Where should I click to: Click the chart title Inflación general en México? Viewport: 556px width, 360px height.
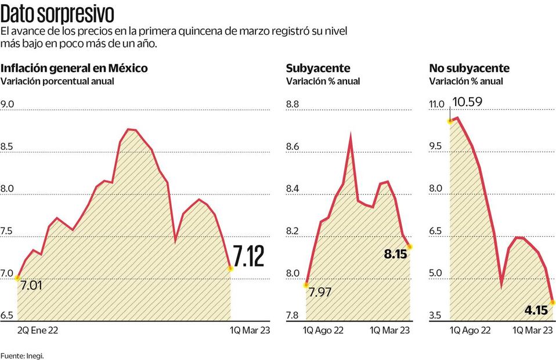[x=74, y=68]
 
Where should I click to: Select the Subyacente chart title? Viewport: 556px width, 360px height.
[x=317, y=68]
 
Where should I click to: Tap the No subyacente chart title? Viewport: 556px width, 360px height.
[x=469, y=68]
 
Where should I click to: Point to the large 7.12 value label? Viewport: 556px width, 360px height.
[x=248, y=257]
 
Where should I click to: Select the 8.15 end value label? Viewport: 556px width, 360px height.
[x=393, y=253]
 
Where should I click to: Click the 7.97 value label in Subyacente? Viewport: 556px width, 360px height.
[x=320, y=292]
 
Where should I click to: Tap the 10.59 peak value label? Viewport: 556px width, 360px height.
[x=467, y=103]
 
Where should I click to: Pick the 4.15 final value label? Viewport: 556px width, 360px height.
[x=536, y=311]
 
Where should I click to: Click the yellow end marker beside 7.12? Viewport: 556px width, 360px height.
[x=230, y=268]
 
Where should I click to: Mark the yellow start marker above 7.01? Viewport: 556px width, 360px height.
[x=17, y=278]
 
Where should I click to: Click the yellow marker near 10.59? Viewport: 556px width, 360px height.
[x=450, y=121]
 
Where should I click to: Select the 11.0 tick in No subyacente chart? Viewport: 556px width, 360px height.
[x=436, y=105]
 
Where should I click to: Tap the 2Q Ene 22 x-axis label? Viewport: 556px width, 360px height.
[x=38, y=330]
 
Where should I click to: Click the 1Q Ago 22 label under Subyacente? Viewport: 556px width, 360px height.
[x=323, y=330]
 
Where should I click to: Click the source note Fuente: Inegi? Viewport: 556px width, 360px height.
[x=22, y=355]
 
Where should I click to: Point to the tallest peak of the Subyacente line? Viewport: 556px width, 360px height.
[x=351, y=134]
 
